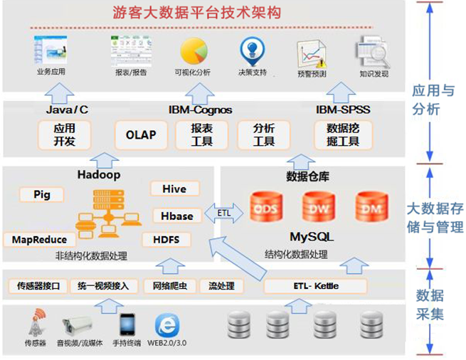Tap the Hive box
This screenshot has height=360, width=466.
tap(174, 189)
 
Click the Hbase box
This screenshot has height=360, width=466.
tap(174, 215)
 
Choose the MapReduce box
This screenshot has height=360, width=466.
tap(40, 240)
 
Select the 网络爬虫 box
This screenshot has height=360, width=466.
tap(169, 286)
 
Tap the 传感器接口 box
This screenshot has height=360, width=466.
tap(38, 286)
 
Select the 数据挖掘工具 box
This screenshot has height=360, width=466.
tap(342, 134)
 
